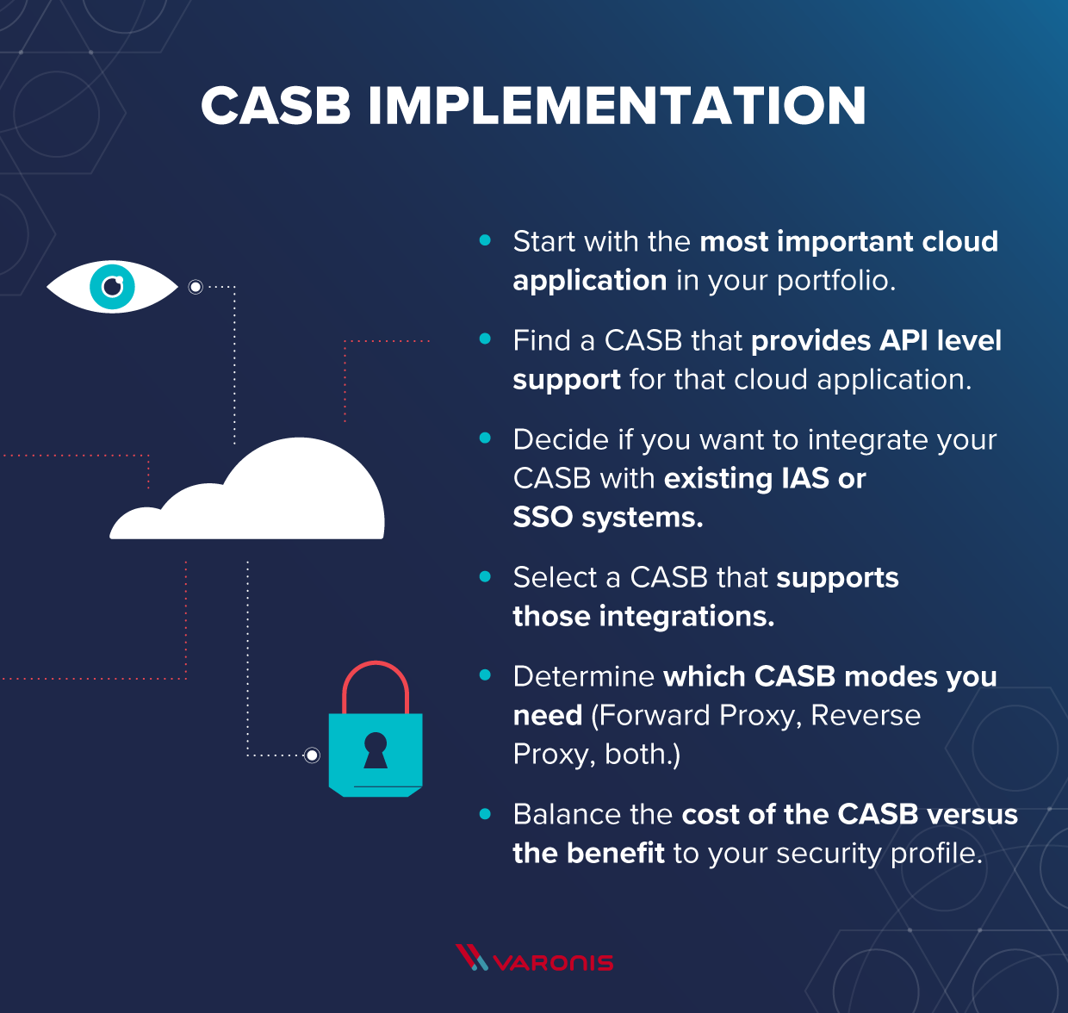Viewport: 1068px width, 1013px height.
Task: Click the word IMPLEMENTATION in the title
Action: [617, 106]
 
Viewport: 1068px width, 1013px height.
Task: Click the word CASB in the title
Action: [276, 106]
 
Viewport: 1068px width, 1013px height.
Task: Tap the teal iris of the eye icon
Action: [113, 286]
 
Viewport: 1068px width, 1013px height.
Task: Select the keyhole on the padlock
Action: [376, 749]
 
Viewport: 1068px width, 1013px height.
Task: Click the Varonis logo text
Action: [553, 962]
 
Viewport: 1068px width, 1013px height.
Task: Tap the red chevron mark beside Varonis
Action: [471, 957]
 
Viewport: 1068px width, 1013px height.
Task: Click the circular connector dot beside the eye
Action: [196, 287]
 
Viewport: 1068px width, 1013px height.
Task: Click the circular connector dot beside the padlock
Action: [312, 755]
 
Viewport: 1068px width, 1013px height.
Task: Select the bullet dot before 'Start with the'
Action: [485, 241]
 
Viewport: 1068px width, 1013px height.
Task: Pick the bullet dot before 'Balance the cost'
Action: [485, 814]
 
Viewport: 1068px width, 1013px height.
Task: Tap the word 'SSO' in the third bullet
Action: [543, 518]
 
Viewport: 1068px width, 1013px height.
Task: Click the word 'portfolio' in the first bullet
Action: [834, 281]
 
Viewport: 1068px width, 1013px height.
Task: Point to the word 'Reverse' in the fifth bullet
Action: [866, 716]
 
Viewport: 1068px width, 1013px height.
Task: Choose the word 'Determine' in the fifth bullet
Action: [583, 677]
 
